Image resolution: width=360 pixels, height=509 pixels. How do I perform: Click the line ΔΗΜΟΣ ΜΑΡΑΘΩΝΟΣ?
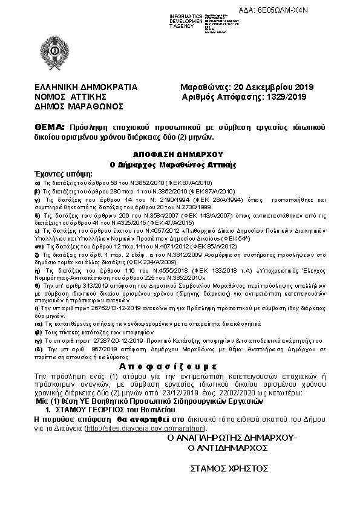click(79, 106)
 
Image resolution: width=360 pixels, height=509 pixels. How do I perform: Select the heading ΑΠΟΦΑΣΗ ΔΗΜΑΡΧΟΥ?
click(180, 154)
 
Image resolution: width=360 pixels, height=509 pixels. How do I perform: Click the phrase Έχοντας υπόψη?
click(59, 173)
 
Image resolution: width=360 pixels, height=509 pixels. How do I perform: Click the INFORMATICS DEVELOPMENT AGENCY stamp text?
click(185, 21)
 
